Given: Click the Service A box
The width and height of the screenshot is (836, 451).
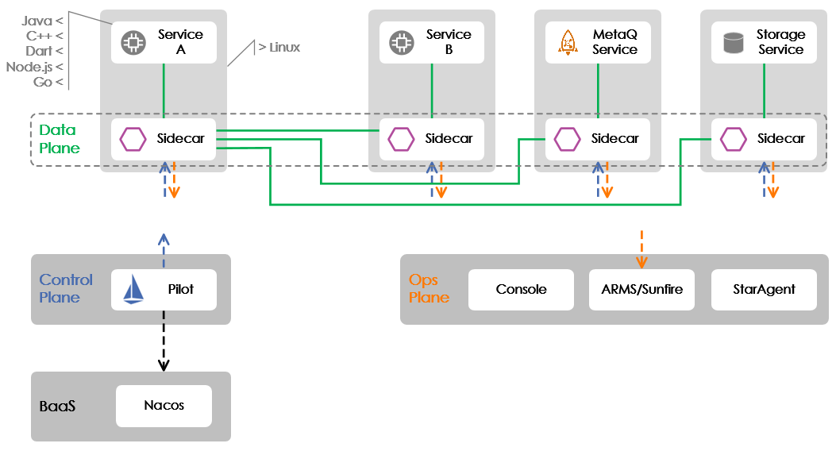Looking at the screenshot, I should click(164, 42).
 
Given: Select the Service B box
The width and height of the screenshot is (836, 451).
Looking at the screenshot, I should click(432, 42).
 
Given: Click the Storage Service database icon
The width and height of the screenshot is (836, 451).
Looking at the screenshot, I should click(733, 43).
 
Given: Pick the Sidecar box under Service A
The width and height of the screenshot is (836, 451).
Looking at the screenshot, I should click(164, 139).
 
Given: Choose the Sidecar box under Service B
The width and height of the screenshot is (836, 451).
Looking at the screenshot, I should click(432, 139).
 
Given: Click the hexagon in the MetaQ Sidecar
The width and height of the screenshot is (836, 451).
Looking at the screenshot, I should click(567, 139).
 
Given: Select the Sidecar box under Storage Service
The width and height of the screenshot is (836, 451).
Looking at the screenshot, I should click(764, 139).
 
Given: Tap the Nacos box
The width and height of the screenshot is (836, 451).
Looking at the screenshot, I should click(164, 406).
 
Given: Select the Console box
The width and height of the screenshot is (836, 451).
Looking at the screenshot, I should click(521, 290).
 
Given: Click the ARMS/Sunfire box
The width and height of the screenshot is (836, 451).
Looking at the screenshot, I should click(641, 290).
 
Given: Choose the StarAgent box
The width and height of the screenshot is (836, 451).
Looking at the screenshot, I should click(764, 290).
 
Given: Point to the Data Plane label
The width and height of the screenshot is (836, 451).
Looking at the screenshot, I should click(60, 139).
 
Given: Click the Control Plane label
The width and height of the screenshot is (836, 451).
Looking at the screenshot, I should click(66, 288).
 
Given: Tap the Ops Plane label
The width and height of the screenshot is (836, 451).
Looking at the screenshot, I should click(429, 289).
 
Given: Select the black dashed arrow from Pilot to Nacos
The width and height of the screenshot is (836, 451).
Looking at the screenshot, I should click(164, 341).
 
